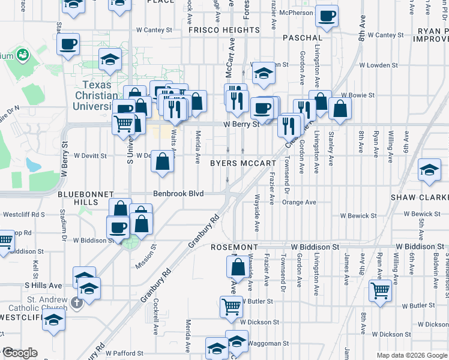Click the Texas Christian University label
[96, 95]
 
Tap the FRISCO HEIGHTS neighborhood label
[224, 29]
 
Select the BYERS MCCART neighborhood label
[243, 163]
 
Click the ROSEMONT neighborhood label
[234, 247]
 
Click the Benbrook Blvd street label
[178, 194]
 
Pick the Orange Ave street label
[299, 202]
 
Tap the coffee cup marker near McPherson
[327, 16]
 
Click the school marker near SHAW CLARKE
[429, 169]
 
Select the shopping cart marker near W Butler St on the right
[381, 290]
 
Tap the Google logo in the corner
[20, 353]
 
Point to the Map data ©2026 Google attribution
[412, 355]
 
